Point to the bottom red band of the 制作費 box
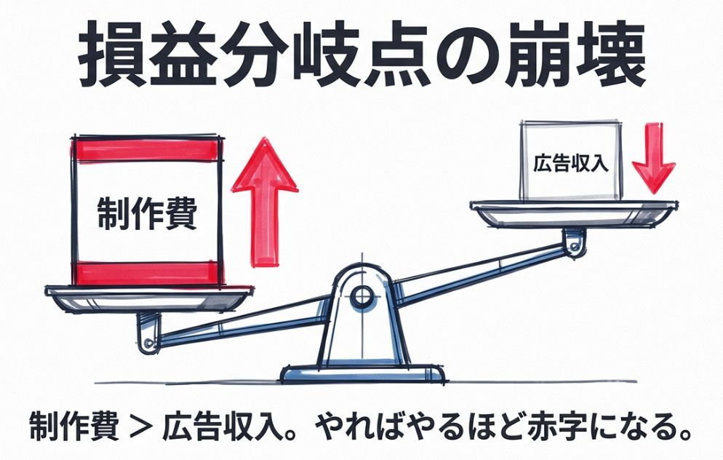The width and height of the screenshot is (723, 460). pyautogui.click(x=145, y=272)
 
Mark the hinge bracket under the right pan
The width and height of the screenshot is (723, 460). pyautogui.click(x=575, y=240)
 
